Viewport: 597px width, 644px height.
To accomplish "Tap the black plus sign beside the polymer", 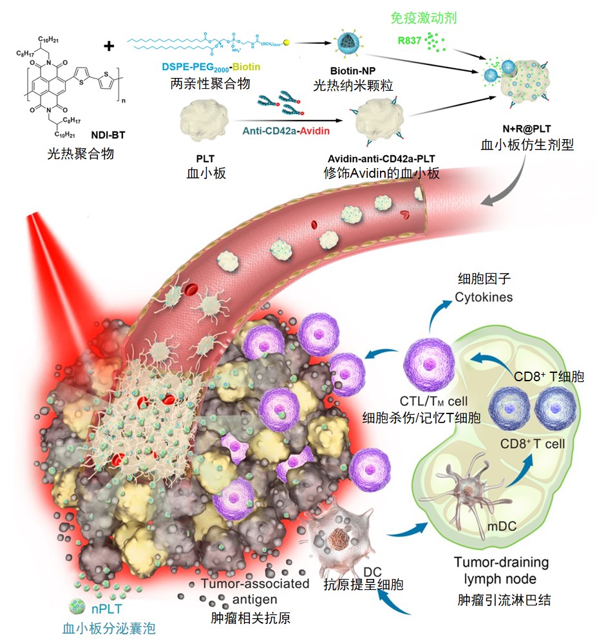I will (x=109, y=46).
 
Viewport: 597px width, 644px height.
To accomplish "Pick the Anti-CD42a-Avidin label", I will (x=286, y=131).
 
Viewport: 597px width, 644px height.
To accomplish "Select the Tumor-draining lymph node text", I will (x=502, y=570).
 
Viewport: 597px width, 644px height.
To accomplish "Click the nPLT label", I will (x=109, y=608).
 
